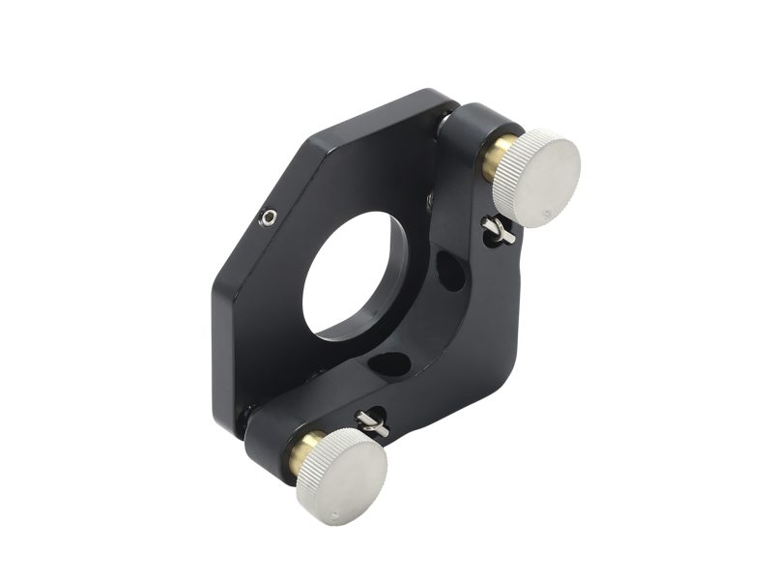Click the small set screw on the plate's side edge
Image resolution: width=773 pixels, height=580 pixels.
pos(268,218)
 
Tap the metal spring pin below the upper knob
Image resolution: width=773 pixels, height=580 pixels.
pos(498,230)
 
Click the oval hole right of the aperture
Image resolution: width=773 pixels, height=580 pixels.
pos(449,271)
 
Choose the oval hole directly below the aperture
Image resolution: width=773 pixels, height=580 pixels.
pos(388,364)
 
